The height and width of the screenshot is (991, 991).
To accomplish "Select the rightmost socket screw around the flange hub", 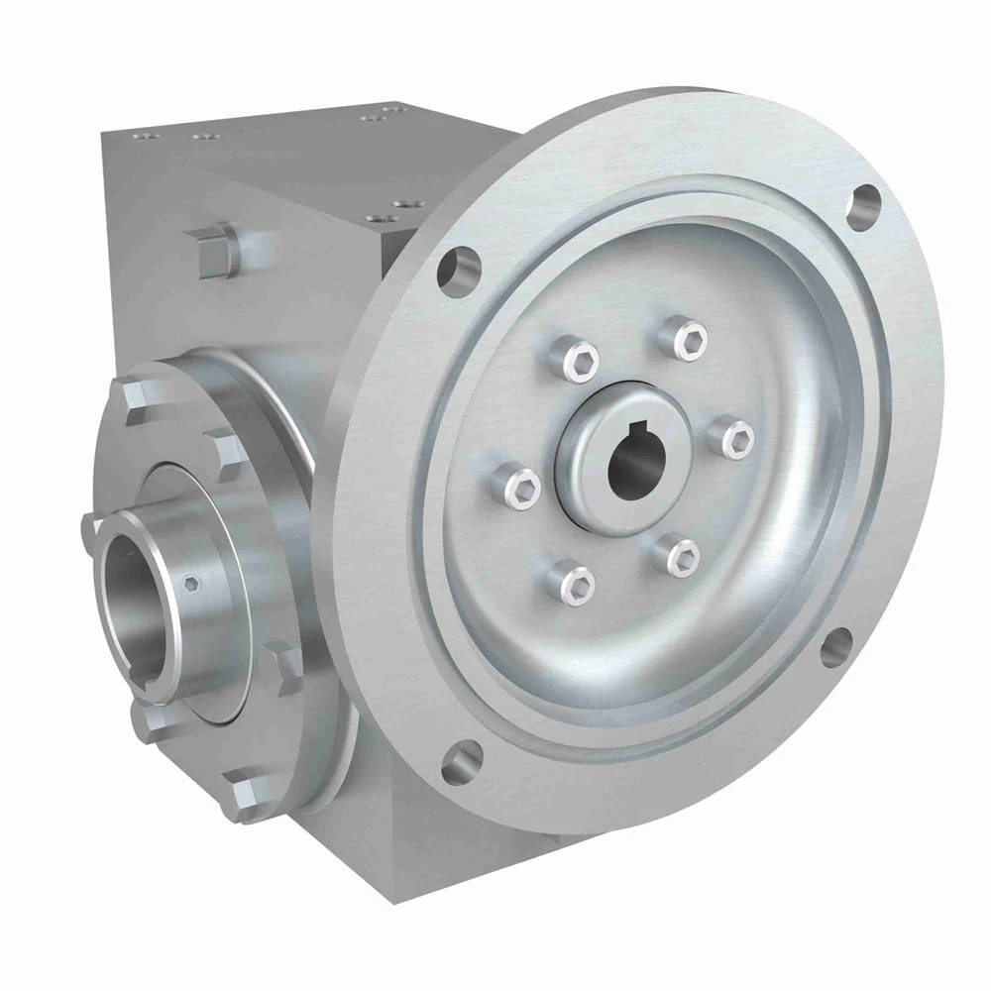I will coord(735,438).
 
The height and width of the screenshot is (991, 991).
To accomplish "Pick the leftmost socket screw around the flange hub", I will coord(519,488).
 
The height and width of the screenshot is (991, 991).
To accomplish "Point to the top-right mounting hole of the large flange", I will coord(864,208).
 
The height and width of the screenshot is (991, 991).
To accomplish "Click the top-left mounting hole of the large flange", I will coord(458,270).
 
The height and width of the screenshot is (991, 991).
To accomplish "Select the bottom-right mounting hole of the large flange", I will coord(835,646).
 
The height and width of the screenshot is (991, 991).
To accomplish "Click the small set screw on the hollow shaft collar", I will coord(192,584).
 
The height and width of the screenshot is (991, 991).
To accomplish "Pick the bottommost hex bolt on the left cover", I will coord(238,793).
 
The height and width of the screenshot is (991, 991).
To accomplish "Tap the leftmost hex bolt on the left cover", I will coord(92,535).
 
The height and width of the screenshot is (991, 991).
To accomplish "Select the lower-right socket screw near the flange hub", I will coord(682,557).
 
